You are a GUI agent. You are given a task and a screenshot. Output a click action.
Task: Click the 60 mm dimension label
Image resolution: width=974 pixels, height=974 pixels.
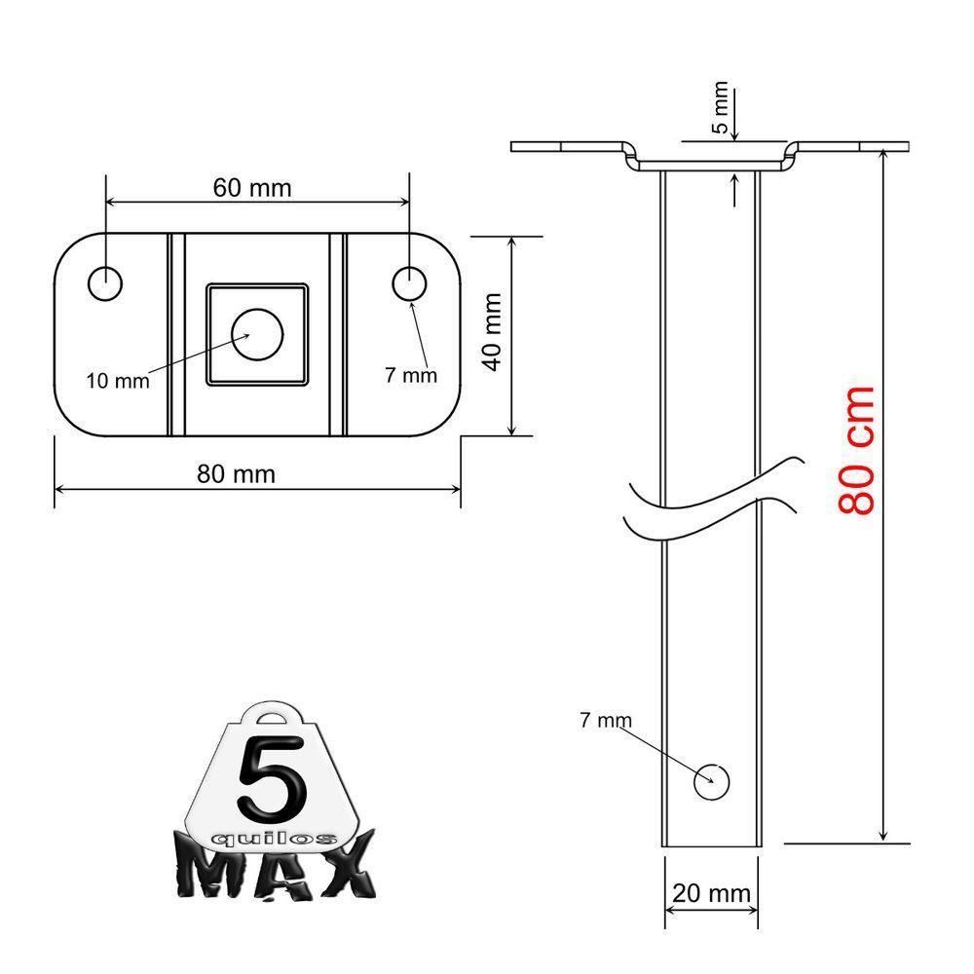click(251, 187)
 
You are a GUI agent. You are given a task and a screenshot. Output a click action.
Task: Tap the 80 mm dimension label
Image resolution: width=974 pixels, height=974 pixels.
click(236, 473)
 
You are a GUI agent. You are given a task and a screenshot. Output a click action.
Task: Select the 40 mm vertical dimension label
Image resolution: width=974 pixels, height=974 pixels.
click(493, 331)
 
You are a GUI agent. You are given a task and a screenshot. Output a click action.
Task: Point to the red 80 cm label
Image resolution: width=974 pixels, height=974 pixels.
click(858, 450)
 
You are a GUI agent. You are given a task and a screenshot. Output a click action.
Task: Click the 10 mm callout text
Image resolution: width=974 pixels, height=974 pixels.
click(118, 381)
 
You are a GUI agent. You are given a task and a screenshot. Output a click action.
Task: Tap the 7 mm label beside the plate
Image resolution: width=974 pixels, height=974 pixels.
click(410, 375)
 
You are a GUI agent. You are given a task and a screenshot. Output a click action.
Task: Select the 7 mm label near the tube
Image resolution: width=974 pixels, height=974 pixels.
click(605, 721)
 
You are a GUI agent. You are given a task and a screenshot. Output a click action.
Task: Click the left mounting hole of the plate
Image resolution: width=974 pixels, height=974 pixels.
click(105, 283)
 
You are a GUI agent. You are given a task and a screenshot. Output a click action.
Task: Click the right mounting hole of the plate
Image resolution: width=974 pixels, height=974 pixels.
click(409, 283)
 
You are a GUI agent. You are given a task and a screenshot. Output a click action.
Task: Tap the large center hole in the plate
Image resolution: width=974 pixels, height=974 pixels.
click(257, 335)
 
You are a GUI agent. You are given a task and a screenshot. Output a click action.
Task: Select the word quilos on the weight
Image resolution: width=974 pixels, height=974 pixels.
click(275, 838)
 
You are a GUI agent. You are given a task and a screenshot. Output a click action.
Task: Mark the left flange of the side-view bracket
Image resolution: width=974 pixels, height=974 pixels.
click(565, 147)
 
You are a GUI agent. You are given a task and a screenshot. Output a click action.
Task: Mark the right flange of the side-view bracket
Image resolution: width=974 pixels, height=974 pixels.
click(852, 147)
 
